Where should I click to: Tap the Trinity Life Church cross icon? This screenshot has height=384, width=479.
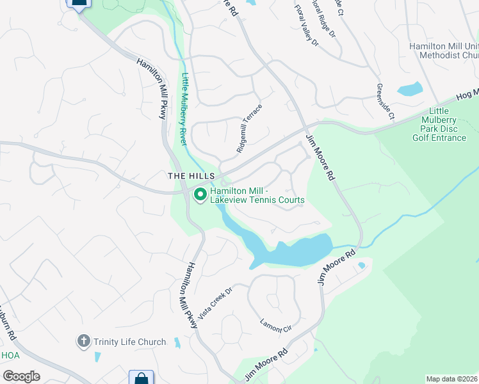tap(83, 342)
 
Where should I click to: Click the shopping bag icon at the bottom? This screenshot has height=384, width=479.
tap(141, 378)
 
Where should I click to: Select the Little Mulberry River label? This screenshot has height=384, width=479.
tap(184, 109)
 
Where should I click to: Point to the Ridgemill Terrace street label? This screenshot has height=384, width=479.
tap(250, 129)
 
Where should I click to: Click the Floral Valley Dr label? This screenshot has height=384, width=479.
tap(306, 26)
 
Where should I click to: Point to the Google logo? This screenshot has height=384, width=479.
tap(20, 376)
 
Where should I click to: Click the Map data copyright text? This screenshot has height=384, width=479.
tap(452, 379)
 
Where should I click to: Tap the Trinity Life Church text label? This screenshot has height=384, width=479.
tap(128, 342)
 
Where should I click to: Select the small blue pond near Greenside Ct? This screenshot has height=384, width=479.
tap(410, 89)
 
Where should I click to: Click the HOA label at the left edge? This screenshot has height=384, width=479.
tap(10, 355)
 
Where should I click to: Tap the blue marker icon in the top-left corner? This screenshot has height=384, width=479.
tap(78, 4)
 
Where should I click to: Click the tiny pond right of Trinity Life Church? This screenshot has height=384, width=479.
tap(177, 342)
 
